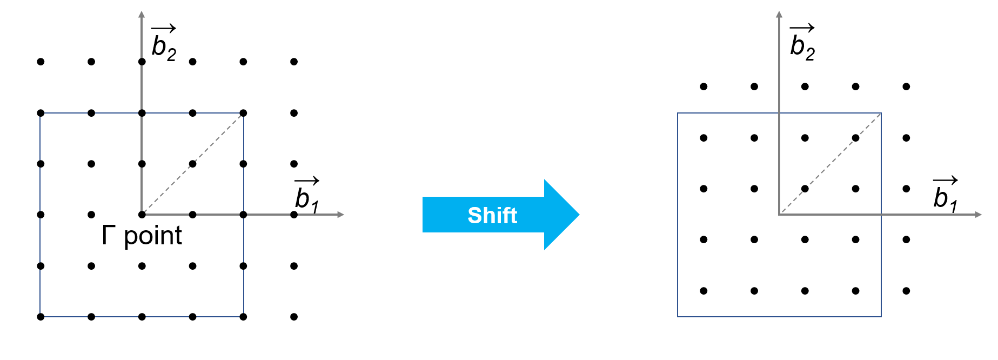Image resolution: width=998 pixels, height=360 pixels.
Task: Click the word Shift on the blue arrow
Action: pyautogui.click(x=492, y=215)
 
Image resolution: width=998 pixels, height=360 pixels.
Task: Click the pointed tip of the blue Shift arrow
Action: pyautogui.click(x=578, y=215)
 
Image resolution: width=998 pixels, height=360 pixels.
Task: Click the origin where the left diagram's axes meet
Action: pyautogui.click(x=142, y=214)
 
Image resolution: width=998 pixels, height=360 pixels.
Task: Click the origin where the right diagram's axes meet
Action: pyautogui.click(x=779, y=215)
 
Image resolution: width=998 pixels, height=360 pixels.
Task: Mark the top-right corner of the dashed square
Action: pyautogui.click(x=243, y=113)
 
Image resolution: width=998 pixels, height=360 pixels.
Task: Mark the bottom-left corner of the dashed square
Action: pyautogui.click(x=40, y=316)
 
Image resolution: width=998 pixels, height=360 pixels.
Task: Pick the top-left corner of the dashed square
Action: pyautogui.click(x=40, y=113)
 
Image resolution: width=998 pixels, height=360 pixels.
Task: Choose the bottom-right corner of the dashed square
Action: pyautogui.click(x=243, y=316)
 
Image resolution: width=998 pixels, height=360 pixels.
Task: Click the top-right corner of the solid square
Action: pyautogui.click(x=881, y=113)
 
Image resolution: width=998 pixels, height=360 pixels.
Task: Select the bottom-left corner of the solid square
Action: pyautogui.click(x=678, y=316)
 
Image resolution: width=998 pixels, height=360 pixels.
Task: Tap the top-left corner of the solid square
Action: pyautogui.click(x=678, y=113)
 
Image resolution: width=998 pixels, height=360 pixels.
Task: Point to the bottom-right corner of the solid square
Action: pyautogui.click(x=881, y=316)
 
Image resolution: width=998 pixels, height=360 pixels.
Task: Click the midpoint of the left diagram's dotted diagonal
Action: pyautogui.click(x=193, y=164)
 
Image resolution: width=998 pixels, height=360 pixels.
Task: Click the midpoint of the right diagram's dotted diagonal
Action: pyautogui.click(x=830, y=164)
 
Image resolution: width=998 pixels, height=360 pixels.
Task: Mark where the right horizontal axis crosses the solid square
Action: pyautogui.click(x=881, y=215)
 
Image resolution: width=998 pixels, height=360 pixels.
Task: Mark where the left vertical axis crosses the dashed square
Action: pyautogui.click(x=142, y=113)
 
